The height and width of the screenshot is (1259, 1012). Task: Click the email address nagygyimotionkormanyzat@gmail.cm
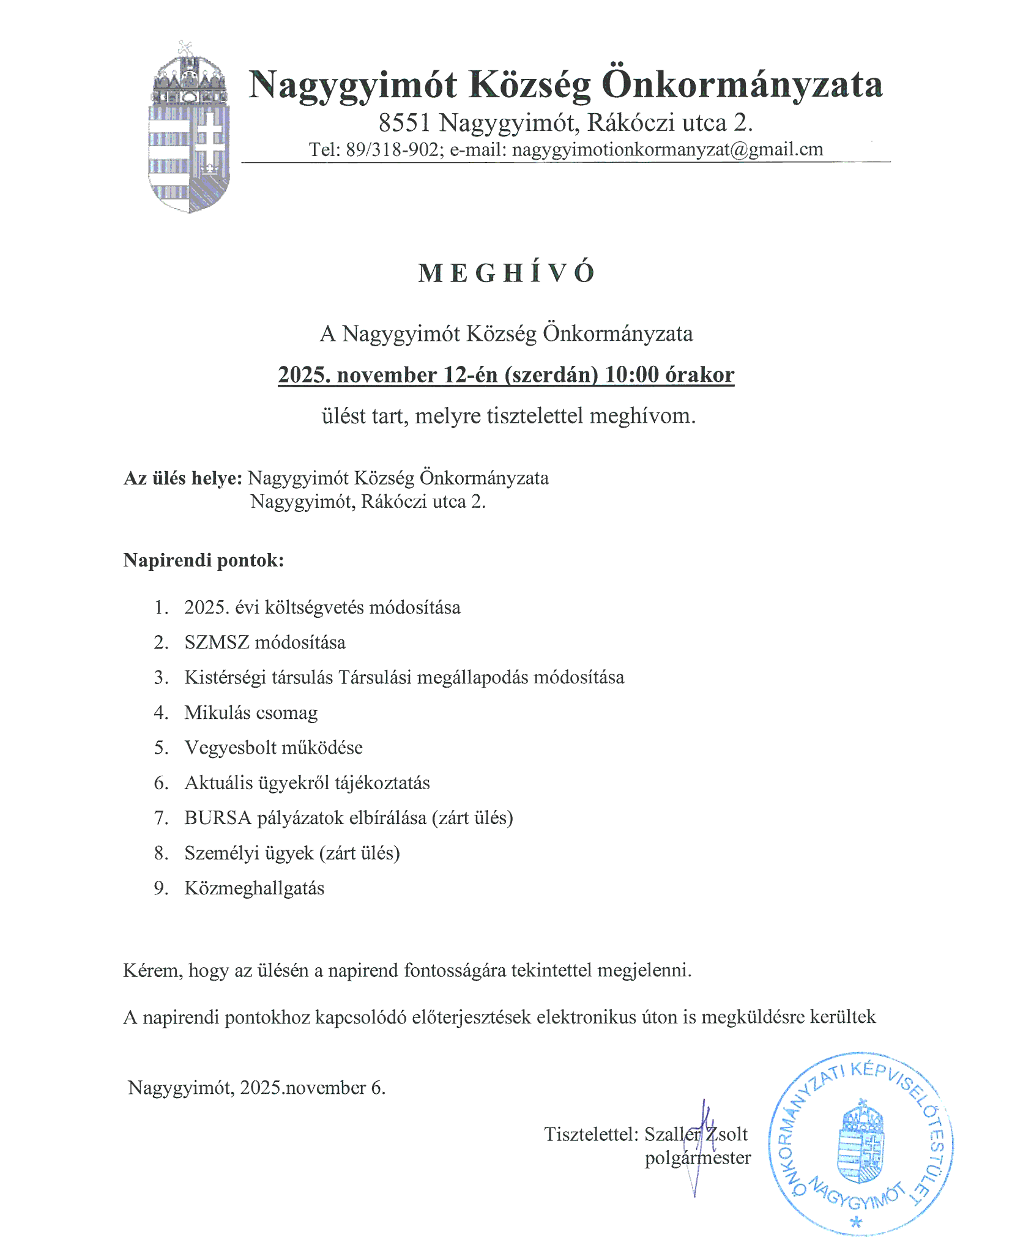667,149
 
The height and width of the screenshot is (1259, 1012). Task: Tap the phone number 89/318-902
392,149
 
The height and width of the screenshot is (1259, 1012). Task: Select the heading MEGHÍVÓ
506,273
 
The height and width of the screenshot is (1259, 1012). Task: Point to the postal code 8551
404,123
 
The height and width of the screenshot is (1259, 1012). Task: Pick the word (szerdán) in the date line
551,374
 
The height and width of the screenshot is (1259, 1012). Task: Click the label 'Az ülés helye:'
183,478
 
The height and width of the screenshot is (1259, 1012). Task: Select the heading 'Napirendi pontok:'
203,560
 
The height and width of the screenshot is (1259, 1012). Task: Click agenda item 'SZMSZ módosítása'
264,642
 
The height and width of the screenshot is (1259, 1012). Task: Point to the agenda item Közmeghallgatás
254,888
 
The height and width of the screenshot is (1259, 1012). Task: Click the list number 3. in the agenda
161,678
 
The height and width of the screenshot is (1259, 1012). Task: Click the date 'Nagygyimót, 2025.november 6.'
256,1087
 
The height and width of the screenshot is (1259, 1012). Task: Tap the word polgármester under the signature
698,1158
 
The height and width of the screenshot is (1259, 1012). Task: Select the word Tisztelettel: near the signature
591,1134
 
